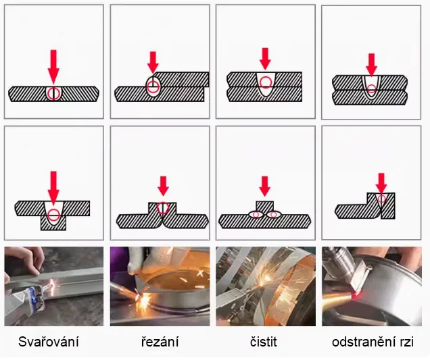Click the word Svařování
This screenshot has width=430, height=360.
49,342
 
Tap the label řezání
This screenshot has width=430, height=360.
160,342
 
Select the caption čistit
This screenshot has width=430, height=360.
264,342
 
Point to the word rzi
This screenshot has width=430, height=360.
406,342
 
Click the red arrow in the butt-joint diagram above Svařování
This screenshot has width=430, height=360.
53,67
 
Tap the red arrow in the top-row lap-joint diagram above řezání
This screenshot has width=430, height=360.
153,62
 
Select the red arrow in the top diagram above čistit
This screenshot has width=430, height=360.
265,59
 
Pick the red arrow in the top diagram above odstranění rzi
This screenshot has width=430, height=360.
371,65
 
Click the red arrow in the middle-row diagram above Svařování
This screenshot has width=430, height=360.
53,188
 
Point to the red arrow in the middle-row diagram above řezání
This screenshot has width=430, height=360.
163,186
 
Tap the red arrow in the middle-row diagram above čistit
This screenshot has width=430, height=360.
265,186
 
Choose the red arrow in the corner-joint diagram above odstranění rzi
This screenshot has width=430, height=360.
381,183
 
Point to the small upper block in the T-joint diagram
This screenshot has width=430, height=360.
264,207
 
